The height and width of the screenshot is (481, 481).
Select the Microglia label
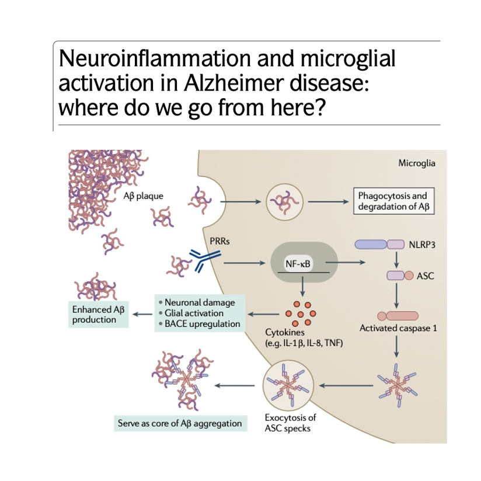(x=417, y=163)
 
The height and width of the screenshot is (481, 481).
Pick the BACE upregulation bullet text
(x=203, y=323)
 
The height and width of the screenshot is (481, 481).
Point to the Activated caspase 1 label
(x=398, y=327)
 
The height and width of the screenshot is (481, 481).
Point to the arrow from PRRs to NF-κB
(x=242, y=264)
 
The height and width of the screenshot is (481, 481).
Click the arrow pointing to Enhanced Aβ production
(x=141, y=315)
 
